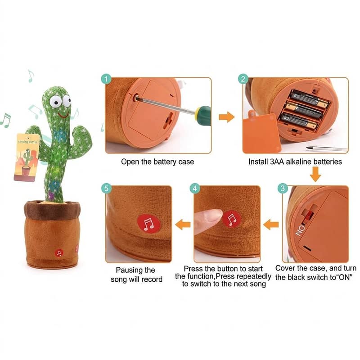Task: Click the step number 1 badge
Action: point(106,79)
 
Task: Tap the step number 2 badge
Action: point(243,79)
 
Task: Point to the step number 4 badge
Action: point(195,188)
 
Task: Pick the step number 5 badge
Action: point(106,188)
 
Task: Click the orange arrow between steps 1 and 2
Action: point(227,117)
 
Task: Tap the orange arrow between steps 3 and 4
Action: point(271,223)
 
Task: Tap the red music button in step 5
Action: point(148,223)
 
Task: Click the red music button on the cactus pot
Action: point(59,253)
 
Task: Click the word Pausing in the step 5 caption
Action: point(129,270)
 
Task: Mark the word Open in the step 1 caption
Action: point(130,162)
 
